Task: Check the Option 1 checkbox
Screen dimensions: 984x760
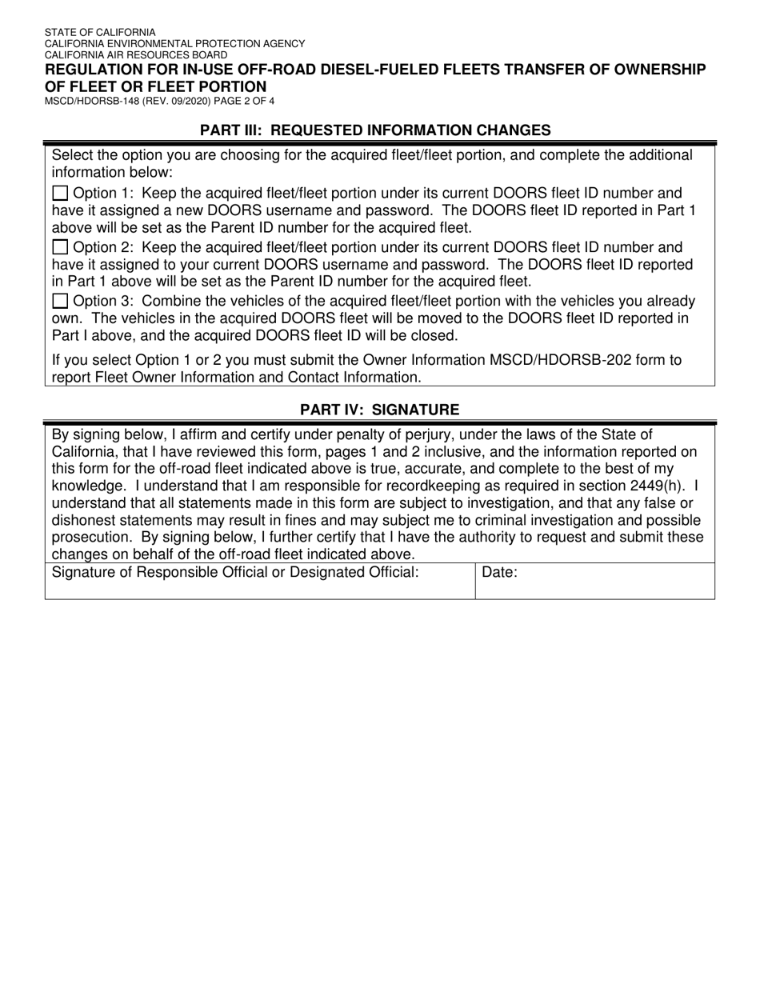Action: point(60,193)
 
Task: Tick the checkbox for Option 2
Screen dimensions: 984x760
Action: point(60,247)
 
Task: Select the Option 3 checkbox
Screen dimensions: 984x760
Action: point(60,302)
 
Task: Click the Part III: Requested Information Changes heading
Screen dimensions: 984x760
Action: point(375,130)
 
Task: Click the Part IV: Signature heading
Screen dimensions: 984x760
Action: point(379,410)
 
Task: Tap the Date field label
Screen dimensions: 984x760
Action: point(500,573)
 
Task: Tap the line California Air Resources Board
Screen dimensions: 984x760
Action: point(135,55)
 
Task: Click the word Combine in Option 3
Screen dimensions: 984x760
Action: point(169,302)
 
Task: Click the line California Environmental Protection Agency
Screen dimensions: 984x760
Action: point(174,44)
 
